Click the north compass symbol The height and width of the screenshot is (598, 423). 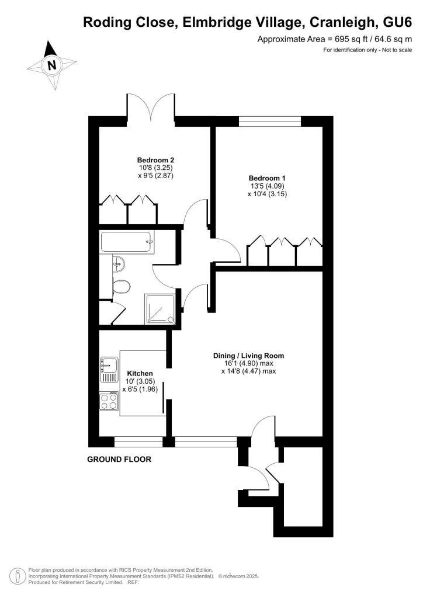pos(51,65)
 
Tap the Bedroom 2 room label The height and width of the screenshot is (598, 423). pos(156,159)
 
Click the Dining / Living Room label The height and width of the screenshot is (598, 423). pos(248,355)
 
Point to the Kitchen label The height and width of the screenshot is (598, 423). pos(140,373)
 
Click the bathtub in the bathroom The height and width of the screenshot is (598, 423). pos(127,242)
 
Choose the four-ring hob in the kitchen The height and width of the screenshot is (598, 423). pos(108,401)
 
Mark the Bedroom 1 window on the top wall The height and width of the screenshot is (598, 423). pos(270,122)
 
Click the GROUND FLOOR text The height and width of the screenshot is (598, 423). pos(119,460)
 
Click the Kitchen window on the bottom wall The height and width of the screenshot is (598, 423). pos(138,442)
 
